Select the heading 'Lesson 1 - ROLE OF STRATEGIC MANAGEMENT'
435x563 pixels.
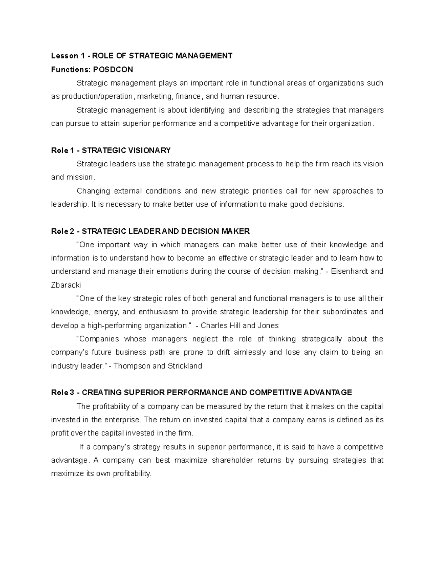tap(142, 56)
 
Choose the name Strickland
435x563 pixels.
tap(185, 366)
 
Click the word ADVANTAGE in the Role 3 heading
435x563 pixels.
tap(327, 393)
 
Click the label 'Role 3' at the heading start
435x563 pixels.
tap(62, 393)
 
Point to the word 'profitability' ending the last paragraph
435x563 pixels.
tap(132, 474)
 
